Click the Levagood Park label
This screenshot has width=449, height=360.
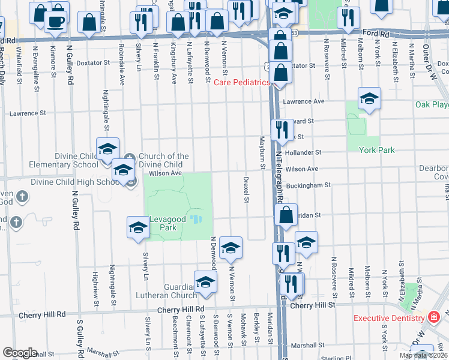(163, 223)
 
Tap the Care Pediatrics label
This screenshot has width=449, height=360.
(242, 82)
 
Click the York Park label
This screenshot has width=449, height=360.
(376, 150)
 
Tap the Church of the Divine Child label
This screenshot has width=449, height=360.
(163, 160)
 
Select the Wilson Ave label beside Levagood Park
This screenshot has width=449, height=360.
(165, 173)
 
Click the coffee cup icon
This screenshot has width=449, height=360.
(56, 22)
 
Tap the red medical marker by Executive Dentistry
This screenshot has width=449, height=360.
(435, 317)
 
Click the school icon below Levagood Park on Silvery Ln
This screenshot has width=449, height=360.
(138, 228)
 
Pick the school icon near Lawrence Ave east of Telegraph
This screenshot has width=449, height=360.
(369, 98)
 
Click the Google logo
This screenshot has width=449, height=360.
(20, 353)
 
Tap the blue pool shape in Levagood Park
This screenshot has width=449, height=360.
(196, 218)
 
